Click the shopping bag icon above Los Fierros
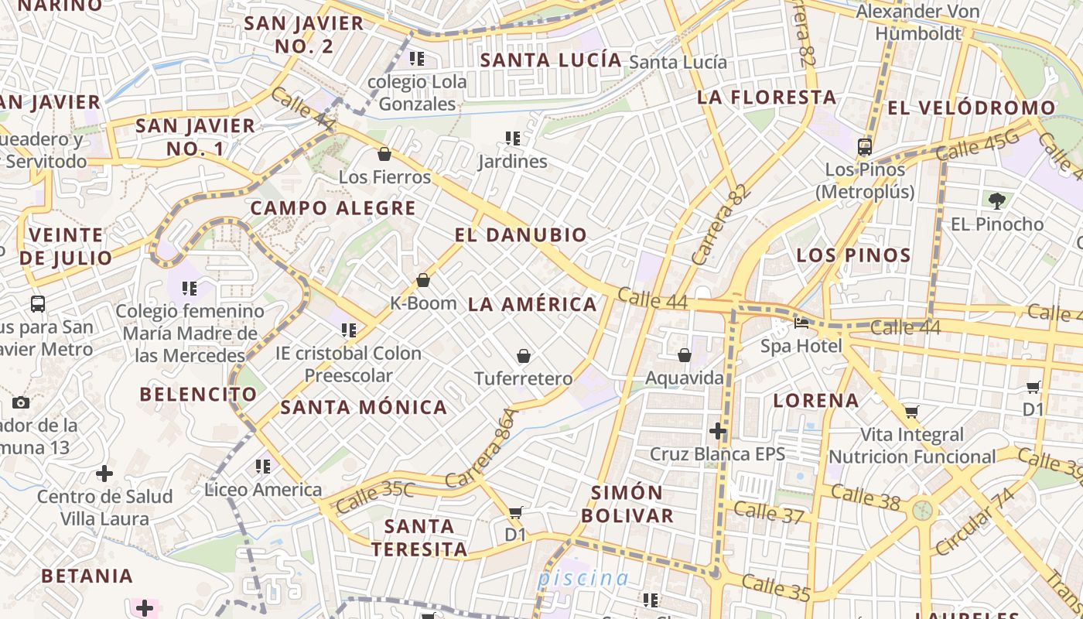coord(384,154)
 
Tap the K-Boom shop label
coord(423,303)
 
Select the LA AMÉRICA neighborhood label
coord(532,304)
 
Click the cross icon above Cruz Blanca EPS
coord(718,430)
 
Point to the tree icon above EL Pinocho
coord(996,201)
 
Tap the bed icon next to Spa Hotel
coord(801,323)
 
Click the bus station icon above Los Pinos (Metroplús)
coord(865,146)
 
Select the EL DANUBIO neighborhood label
coord(521,235)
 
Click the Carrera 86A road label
coord(480,448)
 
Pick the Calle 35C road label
coord(375,497)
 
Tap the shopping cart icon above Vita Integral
coord(911,412)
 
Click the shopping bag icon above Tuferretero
coord(524,356)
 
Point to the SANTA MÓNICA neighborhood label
coord(364,407)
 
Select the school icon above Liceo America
coord(263,467)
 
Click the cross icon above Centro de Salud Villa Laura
coord(104,474)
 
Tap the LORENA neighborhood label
coord(816,400)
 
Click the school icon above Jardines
coord(512,139)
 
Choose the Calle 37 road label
coord(769,512)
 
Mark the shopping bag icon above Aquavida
coord(684,355)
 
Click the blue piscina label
coord(583,578)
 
